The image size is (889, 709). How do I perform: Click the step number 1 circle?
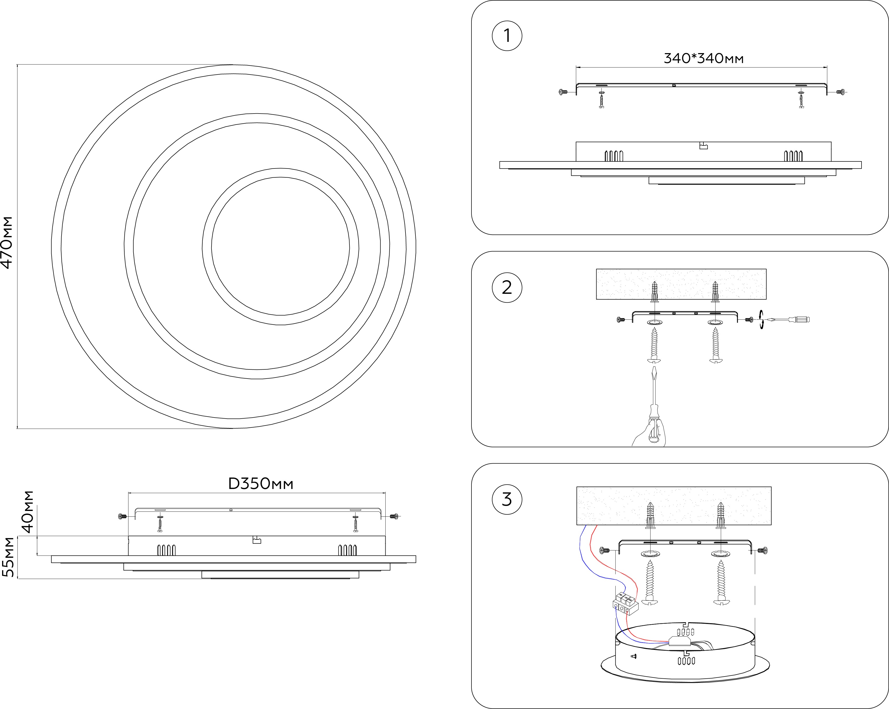click(x=507, y=36)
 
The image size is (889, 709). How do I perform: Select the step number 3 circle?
click(x=507, y=499)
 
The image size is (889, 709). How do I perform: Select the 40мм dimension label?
click(x=28, y=512)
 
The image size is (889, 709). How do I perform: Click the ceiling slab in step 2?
click(x=681, y=284)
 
